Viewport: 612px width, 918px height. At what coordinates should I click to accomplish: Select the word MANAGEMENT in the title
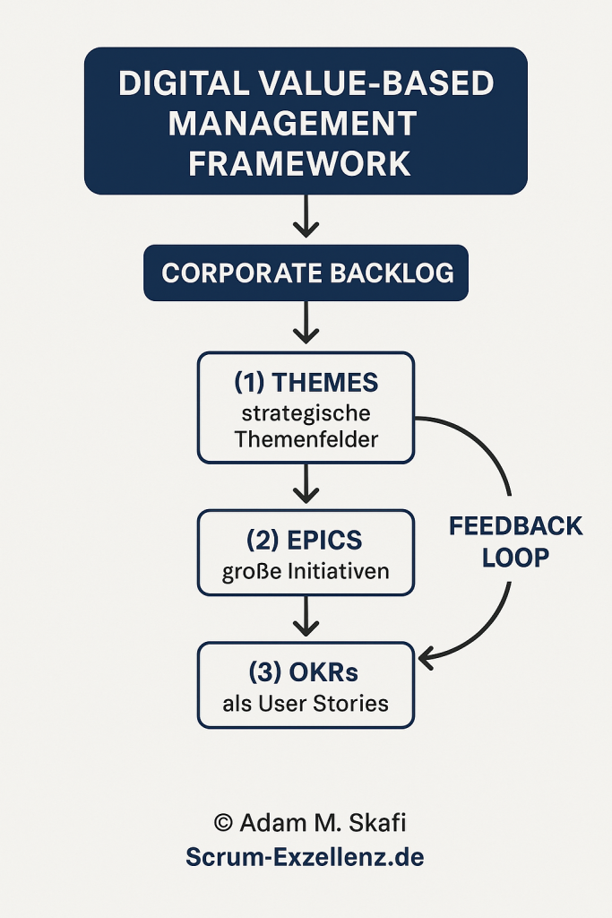[292, 124]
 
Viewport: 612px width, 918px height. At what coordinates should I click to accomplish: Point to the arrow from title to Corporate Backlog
[306, 216]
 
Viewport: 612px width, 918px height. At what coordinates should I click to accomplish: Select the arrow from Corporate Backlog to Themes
[306, 322]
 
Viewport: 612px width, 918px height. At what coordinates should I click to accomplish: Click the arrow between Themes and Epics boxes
[306, 484]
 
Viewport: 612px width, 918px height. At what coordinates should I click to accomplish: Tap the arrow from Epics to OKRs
[306, 616]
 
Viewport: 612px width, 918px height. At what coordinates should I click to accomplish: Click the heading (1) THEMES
[306, 383]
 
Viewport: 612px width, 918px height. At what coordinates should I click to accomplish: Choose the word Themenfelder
[306, 439]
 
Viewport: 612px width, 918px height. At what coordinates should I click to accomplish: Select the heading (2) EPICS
[306, 541]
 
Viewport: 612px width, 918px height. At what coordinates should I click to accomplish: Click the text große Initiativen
[306, 571]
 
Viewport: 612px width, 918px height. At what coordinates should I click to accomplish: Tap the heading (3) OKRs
[306, 671]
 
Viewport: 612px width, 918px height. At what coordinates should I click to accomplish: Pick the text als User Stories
[306, 702]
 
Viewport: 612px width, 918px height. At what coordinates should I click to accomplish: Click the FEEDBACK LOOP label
[515, 541]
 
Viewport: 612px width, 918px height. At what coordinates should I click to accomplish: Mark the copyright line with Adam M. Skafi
[306, 823]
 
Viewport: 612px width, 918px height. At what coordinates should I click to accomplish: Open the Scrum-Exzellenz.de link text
[306, 857]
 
